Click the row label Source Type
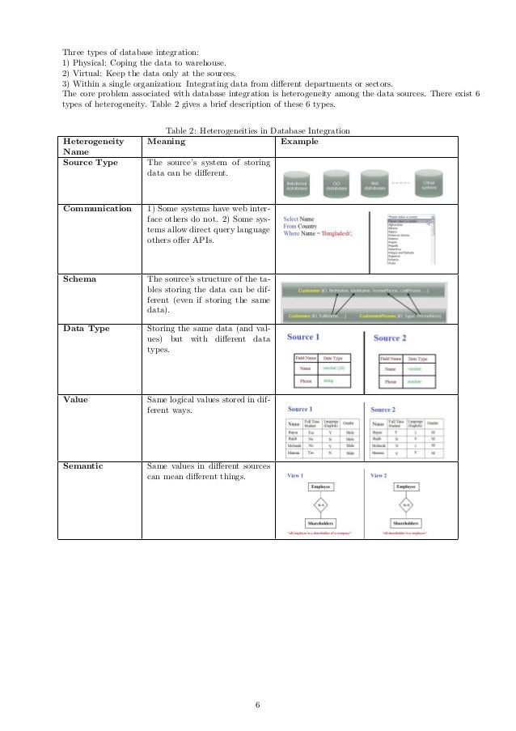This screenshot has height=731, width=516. coord(90,163)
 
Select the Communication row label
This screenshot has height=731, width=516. coord(96,208)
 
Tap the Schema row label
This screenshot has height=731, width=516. coord(79,278)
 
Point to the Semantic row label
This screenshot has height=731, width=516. coord(83,466)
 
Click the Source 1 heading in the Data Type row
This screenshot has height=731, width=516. coord(303,337)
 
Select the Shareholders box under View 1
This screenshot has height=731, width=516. coord(320,524)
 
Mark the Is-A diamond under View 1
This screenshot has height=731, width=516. coord(320,504)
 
